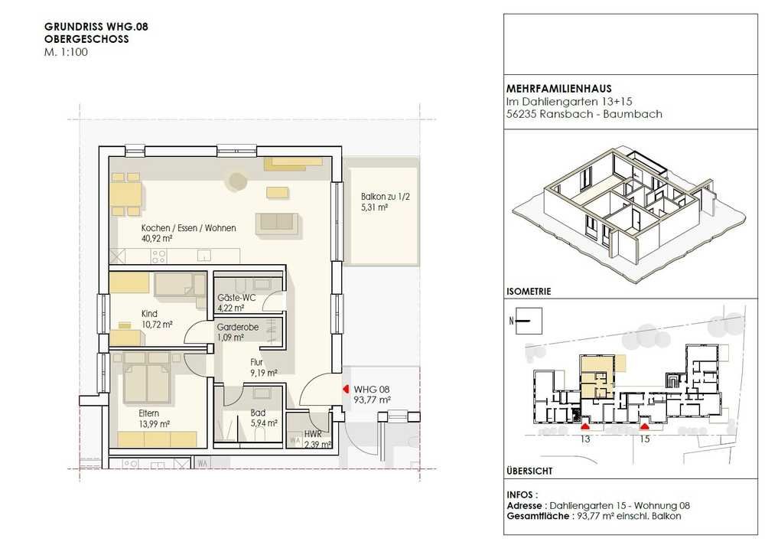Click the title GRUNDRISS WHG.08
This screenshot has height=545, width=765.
[x=96, y=27]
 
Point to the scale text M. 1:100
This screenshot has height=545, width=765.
[x=66, y=52]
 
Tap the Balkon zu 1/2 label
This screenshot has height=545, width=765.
[x=386, y=197]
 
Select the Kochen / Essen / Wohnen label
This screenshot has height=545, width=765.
[x=189, y=228]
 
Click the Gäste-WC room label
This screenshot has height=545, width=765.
[x=236, y=298]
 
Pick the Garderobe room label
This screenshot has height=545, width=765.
[x=238, y=327]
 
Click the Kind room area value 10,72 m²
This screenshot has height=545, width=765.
[x=157, y=325]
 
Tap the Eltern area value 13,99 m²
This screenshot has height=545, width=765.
[x=155, y=424]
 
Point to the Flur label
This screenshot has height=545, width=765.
[x=256, y=362]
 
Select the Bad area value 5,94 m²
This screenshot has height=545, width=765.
[x=264, y=423]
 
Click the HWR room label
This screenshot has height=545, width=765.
[x=313, y=434]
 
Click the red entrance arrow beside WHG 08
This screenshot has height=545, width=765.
[x=346, y=389]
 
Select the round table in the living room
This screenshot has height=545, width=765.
[x=238, y=181]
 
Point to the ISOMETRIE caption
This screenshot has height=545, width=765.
[x=529, y=292]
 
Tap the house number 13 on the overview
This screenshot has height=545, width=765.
[x=585, y=439]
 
